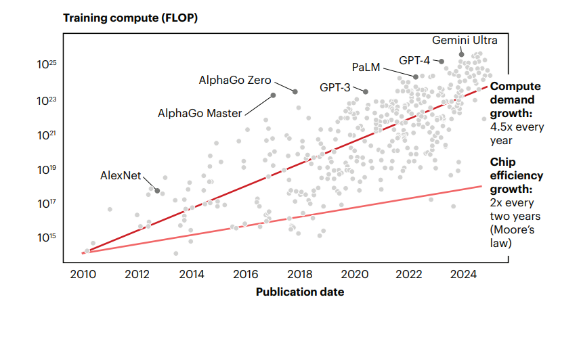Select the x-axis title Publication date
tap(299, 292)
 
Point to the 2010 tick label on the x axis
tap(83, 274)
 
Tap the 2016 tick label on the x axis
tap(246, 274)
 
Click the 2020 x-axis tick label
tap(354, 274)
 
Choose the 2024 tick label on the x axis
tap(463, 274)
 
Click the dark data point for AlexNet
tap(157, 192)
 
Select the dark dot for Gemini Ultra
tap(461, 54)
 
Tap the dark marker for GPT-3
tap(366, 91)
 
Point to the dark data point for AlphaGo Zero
tap(295, 91)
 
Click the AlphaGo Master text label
tap(200, 113)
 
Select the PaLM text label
tap(366, 67)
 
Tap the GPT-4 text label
tap(414, 60)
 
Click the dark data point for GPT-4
tap(442, 62)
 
